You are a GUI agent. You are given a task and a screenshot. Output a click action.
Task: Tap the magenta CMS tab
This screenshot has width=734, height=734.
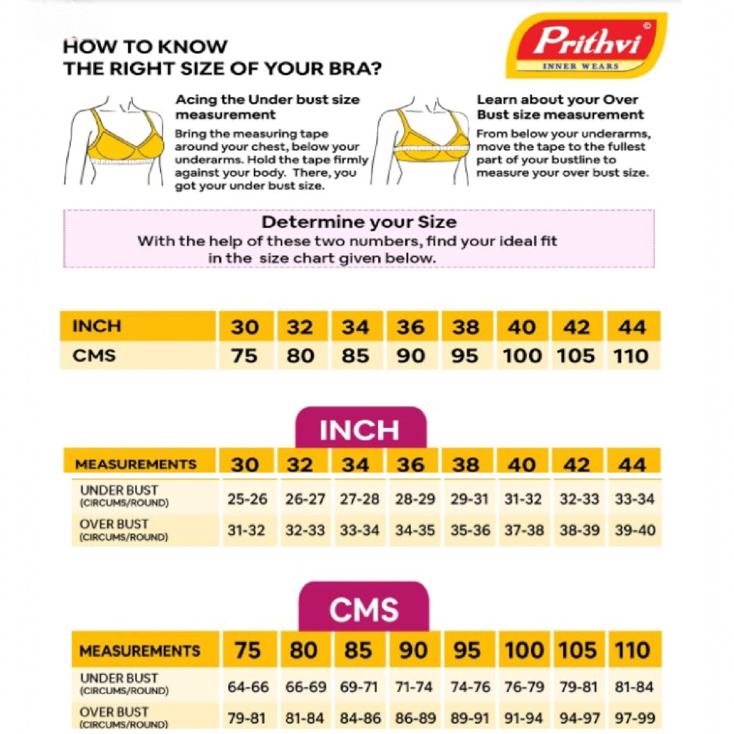(364, 610)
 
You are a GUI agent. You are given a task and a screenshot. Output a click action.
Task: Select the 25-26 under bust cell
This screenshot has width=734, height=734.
(247, 499)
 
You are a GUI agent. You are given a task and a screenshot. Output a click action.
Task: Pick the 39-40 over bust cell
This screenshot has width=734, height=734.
(635, 530)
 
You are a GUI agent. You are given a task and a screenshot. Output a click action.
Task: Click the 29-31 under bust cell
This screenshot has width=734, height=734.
(470, 499)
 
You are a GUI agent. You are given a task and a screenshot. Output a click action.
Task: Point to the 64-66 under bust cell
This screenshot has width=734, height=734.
(248, 687)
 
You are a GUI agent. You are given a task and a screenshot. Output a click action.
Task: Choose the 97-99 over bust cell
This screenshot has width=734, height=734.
(635, 718)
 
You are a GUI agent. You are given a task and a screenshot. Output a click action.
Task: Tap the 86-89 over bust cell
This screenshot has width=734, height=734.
(415, 718)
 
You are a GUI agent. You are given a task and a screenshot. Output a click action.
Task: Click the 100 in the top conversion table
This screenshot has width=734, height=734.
(522, 356)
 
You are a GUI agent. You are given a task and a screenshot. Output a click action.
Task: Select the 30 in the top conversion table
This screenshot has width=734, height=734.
(245, 327)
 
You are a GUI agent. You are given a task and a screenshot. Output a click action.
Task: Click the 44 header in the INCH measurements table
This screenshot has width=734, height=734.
(632, 464)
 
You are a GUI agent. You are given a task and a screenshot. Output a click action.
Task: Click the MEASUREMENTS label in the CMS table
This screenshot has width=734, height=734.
(140, 651)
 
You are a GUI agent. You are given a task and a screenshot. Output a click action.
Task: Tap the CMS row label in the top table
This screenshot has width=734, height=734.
(94, 356)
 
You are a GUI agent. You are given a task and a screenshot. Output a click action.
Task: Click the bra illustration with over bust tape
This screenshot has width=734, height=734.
(422, 141)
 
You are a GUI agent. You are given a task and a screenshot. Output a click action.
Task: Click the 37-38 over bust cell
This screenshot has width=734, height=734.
(524, 530)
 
